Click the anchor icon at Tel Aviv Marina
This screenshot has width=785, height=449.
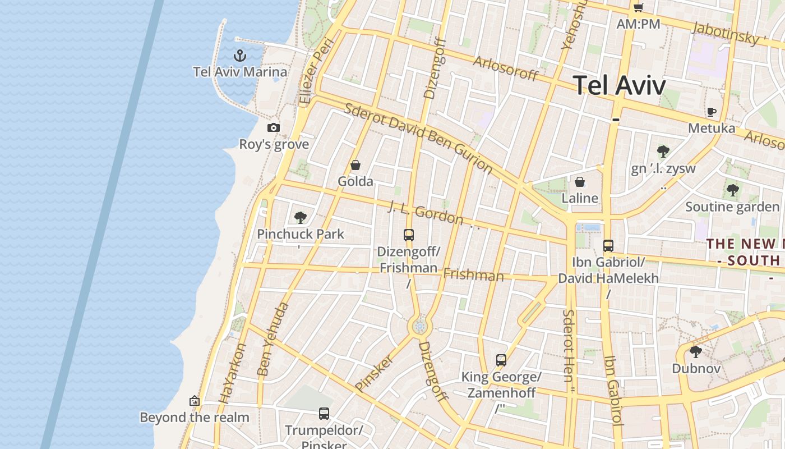pos(240,56)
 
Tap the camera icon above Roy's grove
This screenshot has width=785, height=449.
pos(274,127)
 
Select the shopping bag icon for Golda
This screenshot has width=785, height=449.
pos(355,165)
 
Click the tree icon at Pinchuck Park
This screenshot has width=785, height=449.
pos(301,217)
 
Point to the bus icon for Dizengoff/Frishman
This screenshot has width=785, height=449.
pos(409,235)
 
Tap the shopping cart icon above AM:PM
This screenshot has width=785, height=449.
pos(638,7)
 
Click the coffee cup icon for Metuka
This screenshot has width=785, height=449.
pos(712,112)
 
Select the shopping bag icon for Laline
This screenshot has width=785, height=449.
pos(580,182)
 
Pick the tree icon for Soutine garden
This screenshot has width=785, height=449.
pos(732,190)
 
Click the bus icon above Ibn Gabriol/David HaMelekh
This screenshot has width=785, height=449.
pos(608,245)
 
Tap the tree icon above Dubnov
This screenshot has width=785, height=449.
pos(696,352)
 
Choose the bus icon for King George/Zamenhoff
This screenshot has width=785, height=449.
pos(501,360)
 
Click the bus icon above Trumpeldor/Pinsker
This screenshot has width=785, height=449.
pos(324,414)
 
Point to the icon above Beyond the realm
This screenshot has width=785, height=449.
pos(195,401)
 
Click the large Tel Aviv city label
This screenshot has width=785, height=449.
pos(620,86)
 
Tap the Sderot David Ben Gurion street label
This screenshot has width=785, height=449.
pos(418,138)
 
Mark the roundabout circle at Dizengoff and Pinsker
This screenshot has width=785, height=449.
pos(419,326)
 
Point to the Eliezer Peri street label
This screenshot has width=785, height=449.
pos(316,72)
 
